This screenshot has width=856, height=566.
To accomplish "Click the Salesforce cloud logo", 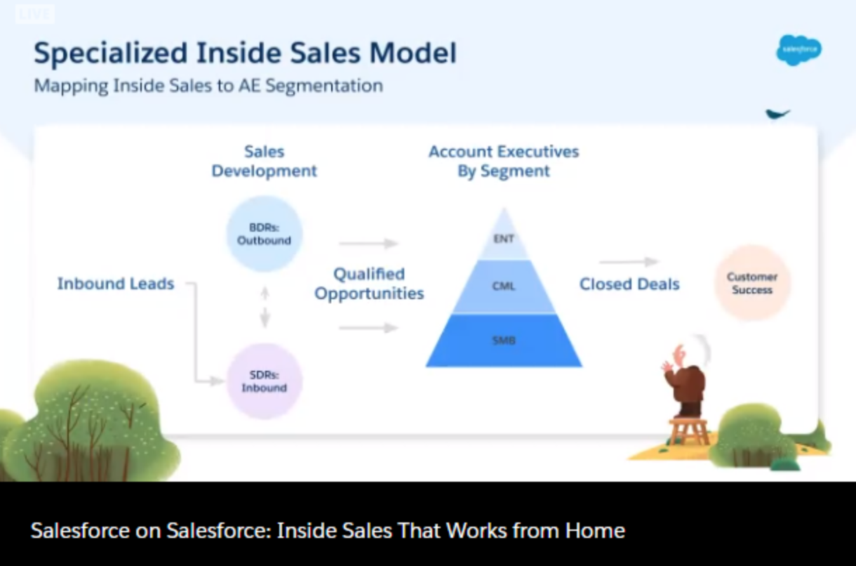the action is pos(798,50).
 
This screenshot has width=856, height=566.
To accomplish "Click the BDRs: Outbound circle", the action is pos(265,234).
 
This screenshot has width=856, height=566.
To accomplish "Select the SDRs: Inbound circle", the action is pos(265,381).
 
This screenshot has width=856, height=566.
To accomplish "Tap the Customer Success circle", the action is pos(752,283).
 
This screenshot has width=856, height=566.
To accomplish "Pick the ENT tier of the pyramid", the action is pos(504,238).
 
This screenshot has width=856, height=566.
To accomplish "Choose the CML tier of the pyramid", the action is pos(504,287).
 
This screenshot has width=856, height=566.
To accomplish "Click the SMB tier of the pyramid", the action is pos(504,341).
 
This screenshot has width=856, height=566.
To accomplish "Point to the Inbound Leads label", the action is pos(115,284).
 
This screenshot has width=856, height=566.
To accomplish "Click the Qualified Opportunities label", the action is pos(369,284).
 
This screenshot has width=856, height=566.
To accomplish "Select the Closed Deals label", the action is pos(629,284).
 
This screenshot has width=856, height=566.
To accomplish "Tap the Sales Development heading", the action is pos(265,161).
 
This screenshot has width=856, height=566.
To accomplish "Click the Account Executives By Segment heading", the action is pos(504,161).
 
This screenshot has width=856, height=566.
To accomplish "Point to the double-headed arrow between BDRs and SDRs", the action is pos(265,308).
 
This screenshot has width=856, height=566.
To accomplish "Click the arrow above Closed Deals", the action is pos(629,262).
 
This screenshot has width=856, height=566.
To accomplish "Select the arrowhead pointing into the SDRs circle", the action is pos(217,381).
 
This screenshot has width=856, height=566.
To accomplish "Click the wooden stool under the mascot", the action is pos(688,431).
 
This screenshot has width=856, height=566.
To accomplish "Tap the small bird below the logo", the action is pos(777,114).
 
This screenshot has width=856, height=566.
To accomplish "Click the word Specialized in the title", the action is pos(111,53).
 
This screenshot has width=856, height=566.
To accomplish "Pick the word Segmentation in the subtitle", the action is pos(324,86).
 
